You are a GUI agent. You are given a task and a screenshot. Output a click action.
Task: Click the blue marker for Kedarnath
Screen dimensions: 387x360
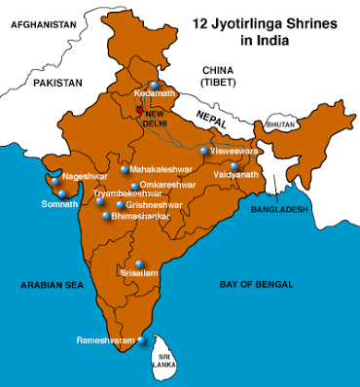tap(154, 84)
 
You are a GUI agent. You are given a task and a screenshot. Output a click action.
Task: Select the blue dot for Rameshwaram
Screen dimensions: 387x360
tap(142, 340)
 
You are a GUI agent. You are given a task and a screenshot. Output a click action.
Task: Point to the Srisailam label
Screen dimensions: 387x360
tap(138, 275)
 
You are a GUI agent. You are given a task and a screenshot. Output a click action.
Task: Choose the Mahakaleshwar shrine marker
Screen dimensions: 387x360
tap(125, 170)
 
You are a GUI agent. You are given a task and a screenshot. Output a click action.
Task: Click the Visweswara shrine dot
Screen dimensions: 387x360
tap(203, 151)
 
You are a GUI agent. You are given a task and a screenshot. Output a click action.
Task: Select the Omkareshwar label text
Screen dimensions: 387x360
tap(167, 184)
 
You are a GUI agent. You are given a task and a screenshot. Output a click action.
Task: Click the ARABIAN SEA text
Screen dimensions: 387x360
tap(48, 285)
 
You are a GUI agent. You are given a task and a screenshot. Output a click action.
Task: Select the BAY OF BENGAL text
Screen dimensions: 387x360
tap(258, 284)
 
